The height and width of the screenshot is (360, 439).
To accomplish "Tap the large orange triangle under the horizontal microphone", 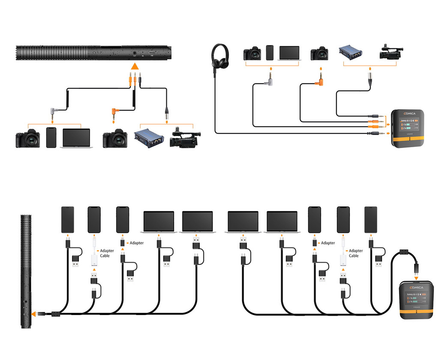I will pyautogui.click(x=135, y=66).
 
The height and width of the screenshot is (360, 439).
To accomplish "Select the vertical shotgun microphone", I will pyautogui.click(x=26, y=270).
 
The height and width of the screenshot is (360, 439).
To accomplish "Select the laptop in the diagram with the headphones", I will pyautogui.click(x=289, y=53).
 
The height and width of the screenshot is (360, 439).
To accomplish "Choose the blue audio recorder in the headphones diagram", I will pyautogui.click(x=351, y=53).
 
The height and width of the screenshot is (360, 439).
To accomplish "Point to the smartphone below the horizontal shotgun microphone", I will pyautogui.click(x=51, y=137).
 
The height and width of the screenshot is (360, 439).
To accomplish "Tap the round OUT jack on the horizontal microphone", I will pyautogui.click(x=135, y=52).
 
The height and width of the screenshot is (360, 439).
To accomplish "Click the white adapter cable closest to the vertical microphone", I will pyautogui.click(x=94, y=260).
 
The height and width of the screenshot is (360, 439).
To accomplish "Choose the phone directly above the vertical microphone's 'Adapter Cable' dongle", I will pyautogui.click(x=94, y=219).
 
